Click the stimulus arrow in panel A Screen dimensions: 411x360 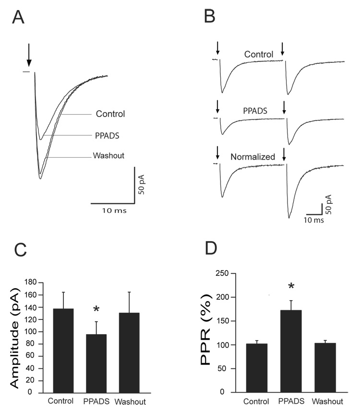click(29, 55)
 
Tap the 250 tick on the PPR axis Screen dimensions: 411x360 click(223, 274)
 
